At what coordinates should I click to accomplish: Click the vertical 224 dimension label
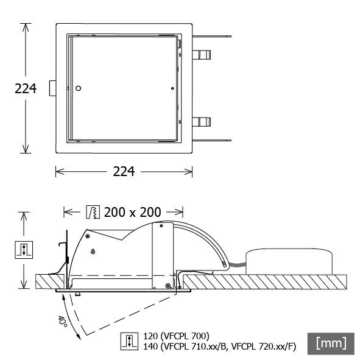tap(25, 89)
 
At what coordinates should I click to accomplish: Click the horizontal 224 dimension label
tap(124, 172)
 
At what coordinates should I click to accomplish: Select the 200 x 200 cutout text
tap(132, 212)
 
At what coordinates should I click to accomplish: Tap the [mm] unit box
tap(331, 344)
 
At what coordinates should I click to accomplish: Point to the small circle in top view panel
tap(78, 89)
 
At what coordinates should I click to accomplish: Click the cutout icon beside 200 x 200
tap(93, 212)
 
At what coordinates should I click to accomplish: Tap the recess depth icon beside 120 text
tap(129, 341)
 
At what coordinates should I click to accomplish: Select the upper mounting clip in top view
tap(202, 55)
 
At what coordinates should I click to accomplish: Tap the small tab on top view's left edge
tap(53, 89)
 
